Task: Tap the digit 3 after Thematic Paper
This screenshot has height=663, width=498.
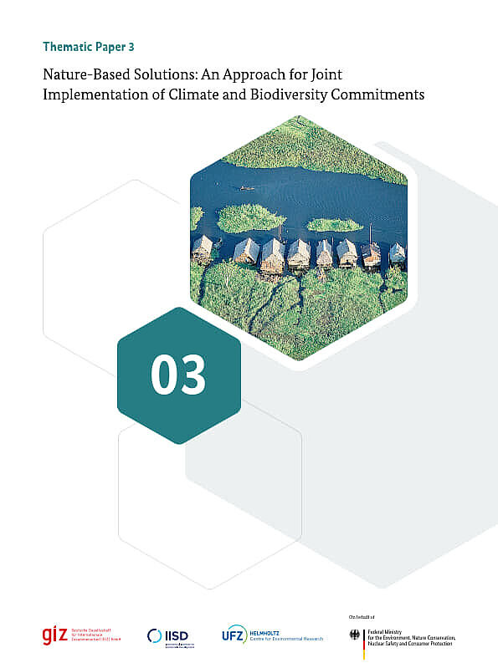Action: coord(131,47)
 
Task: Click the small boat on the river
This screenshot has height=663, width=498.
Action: coord(247,188)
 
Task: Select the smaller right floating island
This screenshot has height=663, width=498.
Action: coord(333,225)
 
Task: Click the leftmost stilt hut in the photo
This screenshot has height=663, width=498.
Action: coord(203,248)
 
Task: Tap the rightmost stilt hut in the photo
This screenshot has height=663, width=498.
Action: coord(397,252)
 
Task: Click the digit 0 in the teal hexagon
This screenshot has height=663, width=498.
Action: coord(164,376)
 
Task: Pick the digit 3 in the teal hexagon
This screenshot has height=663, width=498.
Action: coord(193,376)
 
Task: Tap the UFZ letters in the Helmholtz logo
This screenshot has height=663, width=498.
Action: coord(234,636)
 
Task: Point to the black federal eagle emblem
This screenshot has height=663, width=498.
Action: coord(353,636)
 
